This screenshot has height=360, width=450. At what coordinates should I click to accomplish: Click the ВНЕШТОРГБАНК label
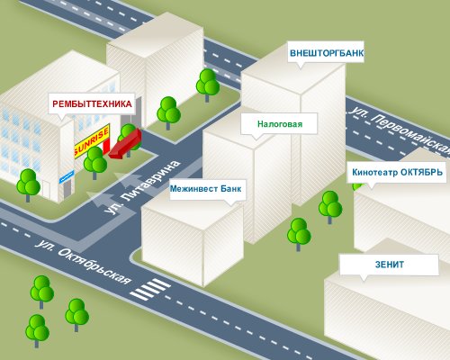(x=327, y=53)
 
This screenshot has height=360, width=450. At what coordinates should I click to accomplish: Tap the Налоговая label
(x=280, y=123)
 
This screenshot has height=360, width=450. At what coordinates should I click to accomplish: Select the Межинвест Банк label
(x=205, y=189)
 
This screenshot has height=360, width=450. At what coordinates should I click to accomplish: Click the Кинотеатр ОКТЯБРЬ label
(x=397, y=172)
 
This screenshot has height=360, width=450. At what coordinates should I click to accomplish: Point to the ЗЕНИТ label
(x=390, y=265)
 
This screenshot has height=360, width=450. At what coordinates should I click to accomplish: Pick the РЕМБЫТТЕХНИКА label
(x=92, y=103)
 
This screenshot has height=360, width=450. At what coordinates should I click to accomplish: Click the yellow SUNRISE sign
(x=92, y=141)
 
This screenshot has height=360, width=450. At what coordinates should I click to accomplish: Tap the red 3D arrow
(x=125, y=143)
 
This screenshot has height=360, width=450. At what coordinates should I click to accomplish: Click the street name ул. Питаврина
(x=142, y=187)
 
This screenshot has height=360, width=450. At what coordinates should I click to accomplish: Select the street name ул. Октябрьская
(x=83, y=261)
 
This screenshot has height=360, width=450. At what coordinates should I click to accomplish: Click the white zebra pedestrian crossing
(x=150, y=289)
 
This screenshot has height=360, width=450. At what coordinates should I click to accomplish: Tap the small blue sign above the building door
(x=67, y=176)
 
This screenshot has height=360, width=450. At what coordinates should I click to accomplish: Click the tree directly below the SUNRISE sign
(x=95, y=163)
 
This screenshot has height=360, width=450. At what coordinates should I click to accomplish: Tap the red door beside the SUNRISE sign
(x=106, y=147)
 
